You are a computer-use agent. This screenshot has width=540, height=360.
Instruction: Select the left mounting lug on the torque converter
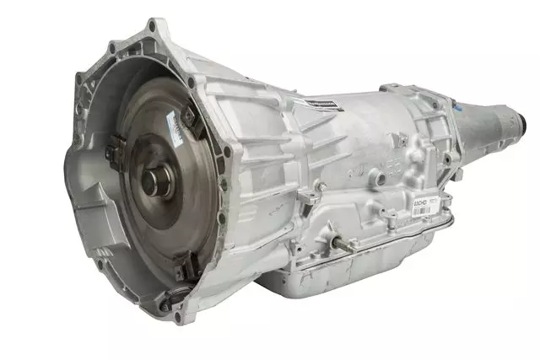(x=112, y=152)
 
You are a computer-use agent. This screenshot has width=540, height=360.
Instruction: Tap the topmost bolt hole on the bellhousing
(x=153, y=26)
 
